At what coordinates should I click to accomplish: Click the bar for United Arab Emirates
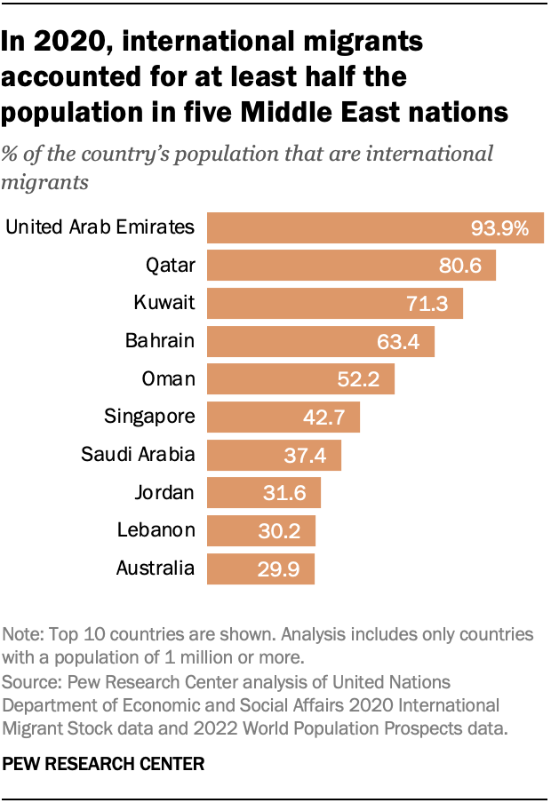[375, 227]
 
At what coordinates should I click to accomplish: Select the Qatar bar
[351, 265]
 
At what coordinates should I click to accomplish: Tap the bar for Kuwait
[335, 303]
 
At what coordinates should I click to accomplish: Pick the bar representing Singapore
[283, 416]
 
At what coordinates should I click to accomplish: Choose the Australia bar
[260, 568]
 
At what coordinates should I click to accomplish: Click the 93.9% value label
[499, 228]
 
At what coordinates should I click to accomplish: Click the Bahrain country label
[160, 340]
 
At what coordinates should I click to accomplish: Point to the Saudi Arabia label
[138, 454]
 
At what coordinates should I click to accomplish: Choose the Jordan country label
[164, 492]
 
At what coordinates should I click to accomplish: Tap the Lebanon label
[156, 530]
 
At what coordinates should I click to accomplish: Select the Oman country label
[168, 378]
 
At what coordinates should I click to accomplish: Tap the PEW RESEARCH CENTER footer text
[104, 762]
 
